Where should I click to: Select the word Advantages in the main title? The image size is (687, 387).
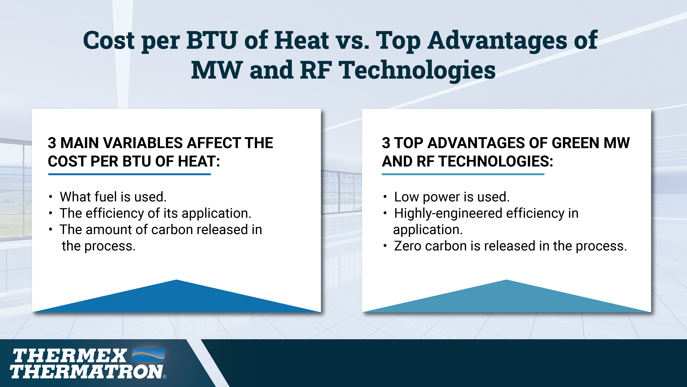point(497,42)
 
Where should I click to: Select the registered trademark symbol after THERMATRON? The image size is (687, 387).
point(165,377)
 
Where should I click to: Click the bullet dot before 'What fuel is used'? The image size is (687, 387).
point(50,197)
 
